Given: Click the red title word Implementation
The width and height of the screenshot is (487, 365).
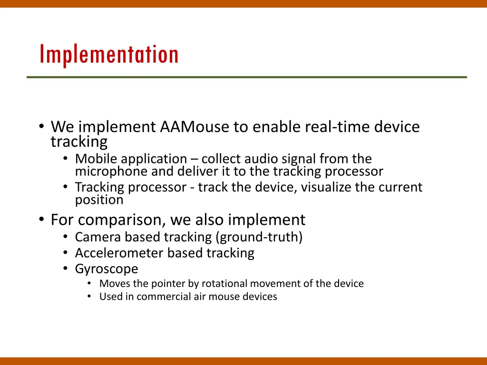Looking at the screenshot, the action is [109, 55].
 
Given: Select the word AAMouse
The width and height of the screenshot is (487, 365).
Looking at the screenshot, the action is [195, 126].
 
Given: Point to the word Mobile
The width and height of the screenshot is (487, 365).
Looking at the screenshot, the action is [96, 159].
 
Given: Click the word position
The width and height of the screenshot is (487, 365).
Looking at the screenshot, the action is [99, 200].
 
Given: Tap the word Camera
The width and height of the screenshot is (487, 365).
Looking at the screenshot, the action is [98, 237].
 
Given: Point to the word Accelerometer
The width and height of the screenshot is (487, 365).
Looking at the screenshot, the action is [119, 253].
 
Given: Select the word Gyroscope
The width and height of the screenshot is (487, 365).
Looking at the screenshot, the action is [107, 269].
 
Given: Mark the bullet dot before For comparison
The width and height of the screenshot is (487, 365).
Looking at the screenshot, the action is [42, 219].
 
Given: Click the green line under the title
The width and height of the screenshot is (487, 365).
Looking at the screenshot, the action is [247, 77].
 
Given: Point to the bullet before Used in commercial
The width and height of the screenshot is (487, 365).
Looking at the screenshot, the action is [89, 297].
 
